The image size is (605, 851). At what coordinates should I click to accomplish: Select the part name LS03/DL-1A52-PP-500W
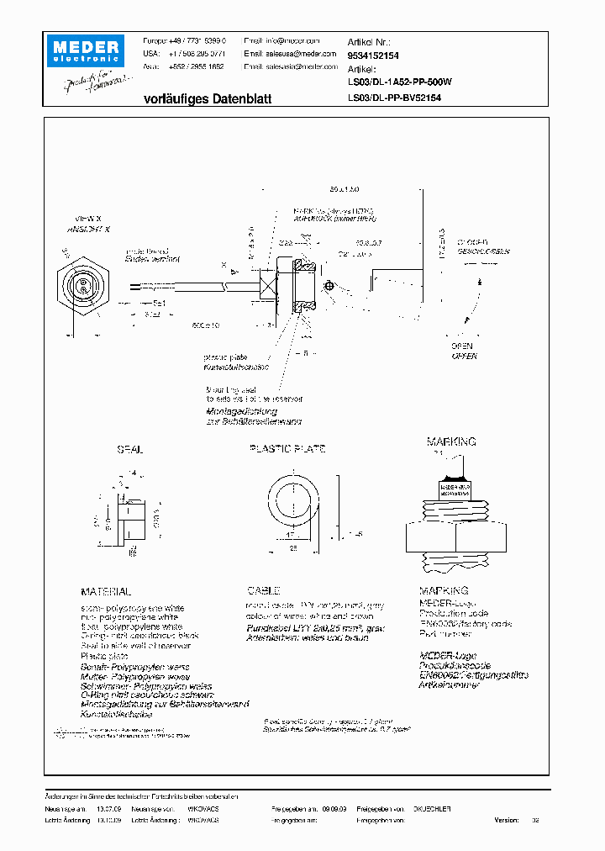point(400,82)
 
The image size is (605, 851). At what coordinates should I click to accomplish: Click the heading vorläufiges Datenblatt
point(208,98)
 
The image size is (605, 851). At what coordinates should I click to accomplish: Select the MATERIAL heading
point(106,592)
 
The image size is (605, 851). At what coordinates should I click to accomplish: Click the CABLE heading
point(263,592)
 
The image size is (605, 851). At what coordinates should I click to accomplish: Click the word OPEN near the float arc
point(461,346)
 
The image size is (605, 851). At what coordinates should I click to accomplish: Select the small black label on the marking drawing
point(455,487)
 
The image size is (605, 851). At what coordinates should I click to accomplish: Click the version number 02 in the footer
point(535,819)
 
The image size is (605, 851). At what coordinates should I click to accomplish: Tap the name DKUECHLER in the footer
point(432,808)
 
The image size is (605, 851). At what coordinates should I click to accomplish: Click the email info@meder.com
point(281,40)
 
